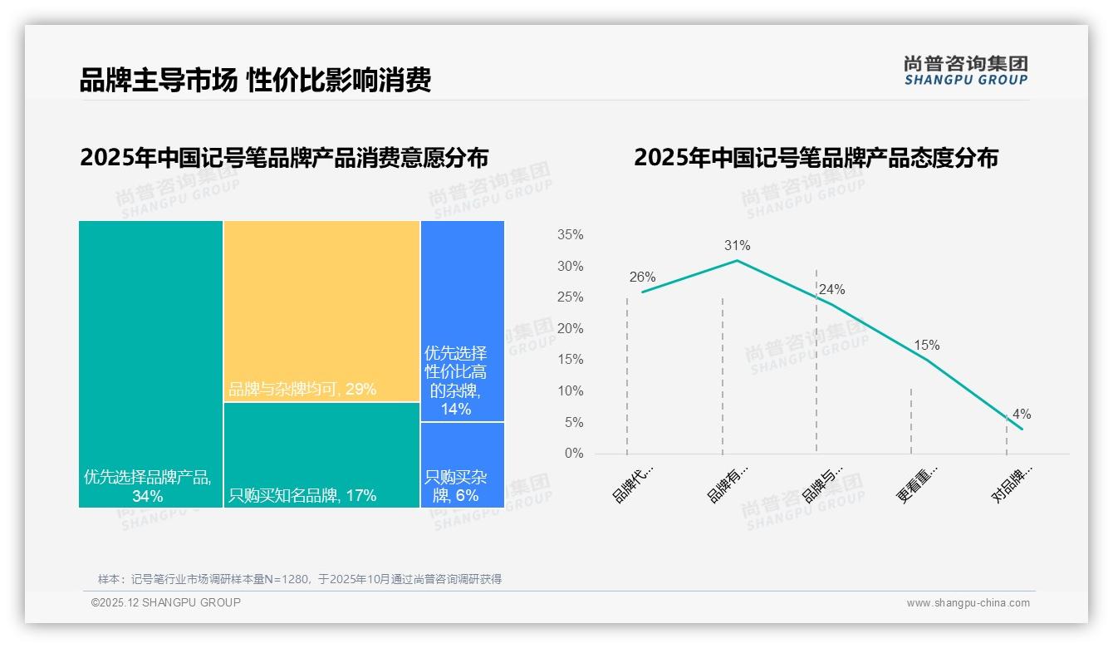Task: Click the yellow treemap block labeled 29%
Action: coord(321,312)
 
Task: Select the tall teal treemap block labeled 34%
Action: coord(150,364)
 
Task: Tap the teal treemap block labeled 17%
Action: coord(321,454)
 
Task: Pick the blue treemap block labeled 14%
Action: coord(462,321)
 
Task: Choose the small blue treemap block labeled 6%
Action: coord(462,464)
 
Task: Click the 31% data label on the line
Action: coord(737,245)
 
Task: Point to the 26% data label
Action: coord(642,277)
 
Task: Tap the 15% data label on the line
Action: coord(926,345)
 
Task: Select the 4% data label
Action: coord(1021,415)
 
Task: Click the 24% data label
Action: coord(831,290)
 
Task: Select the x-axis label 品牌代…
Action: coord(633,484)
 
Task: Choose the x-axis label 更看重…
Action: coord(917,484)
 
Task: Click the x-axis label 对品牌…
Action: coord(1012,484)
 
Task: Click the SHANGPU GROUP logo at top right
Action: coord(965,70)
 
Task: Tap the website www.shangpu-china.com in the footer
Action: coord(968,603)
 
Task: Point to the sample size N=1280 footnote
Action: coord(299,579)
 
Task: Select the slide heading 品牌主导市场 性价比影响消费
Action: coord(255,81)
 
